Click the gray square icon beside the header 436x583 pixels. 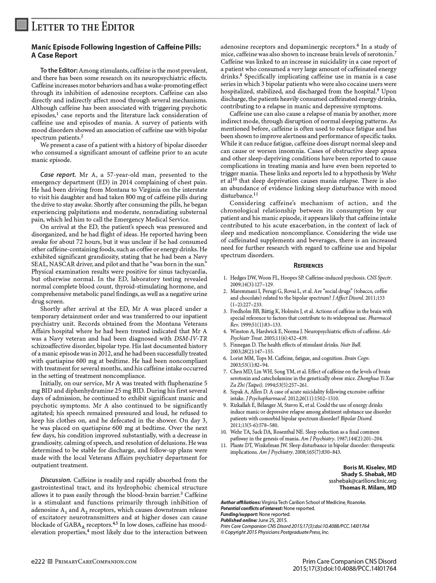[22, 25]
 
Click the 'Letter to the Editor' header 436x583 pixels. [83, 27]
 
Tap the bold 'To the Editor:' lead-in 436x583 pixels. [59, 70]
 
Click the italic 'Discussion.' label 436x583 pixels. [56, 480]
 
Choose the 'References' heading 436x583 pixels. [308, 265]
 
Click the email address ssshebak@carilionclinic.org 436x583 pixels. [362, 481]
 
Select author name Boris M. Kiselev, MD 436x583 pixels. [369, 467]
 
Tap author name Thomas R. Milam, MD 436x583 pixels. [367, 487]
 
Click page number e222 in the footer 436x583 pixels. [38, 561]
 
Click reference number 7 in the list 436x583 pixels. [225, 372]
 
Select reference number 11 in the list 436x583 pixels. [224, 445]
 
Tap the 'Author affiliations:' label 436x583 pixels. [241, 502]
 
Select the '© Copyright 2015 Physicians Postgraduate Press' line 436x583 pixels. [275, 532]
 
